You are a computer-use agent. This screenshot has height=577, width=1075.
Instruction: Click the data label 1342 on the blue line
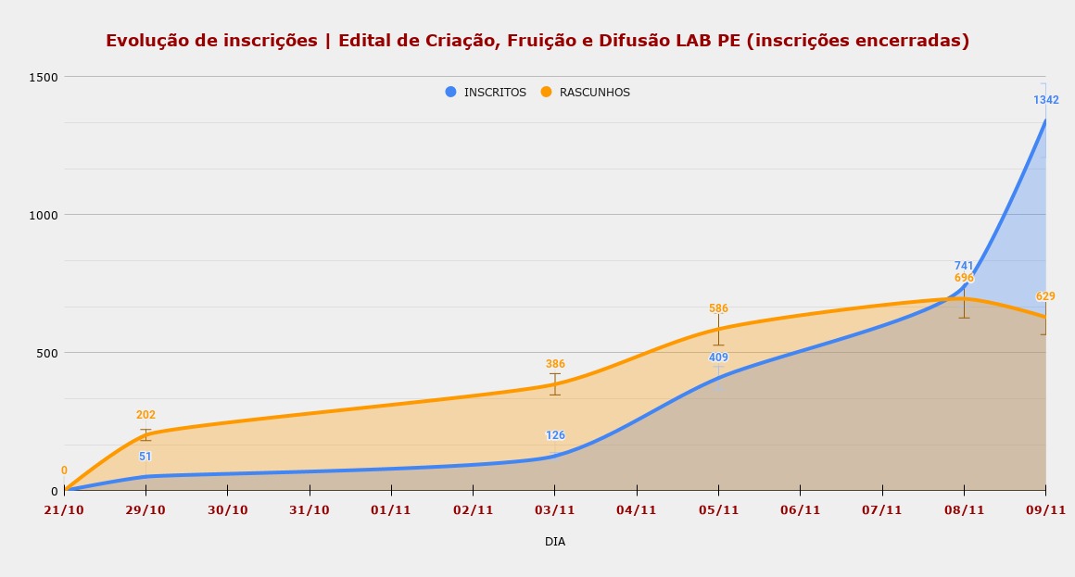coord(1045,100)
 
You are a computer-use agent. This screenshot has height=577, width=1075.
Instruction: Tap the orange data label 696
coord(964,278)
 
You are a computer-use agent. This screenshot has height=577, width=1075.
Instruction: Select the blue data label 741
coord(964,266)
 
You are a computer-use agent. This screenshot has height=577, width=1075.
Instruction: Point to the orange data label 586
coord(718,308)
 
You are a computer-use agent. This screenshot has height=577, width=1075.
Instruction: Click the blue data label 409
coord(718,357)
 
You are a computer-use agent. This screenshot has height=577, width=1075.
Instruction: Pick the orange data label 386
coord(555,364)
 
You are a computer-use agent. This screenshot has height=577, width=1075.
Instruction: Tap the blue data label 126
coord(555,435)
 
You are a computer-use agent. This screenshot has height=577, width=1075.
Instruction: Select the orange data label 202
coord(145,415)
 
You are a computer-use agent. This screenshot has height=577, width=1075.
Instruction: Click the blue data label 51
coord(145,457)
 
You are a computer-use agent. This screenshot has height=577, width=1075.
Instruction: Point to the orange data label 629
coord(1045,296)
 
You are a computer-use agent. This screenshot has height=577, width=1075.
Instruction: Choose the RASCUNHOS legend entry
coord(594,93)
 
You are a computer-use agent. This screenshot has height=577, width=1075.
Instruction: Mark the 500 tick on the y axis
coord(48,353)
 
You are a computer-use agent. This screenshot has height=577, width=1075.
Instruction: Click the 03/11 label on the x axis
coord(555,510)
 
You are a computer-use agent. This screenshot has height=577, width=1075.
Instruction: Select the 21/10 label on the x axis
coord(65,510)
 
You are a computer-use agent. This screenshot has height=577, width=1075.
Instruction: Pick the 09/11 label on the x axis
coord(1045,510)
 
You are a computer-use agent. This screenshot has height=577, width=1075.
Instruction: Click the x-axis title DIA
coord(555,542)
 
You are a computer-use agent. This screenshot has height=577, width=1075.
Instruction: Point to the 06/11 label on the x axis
coord(800,510)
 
